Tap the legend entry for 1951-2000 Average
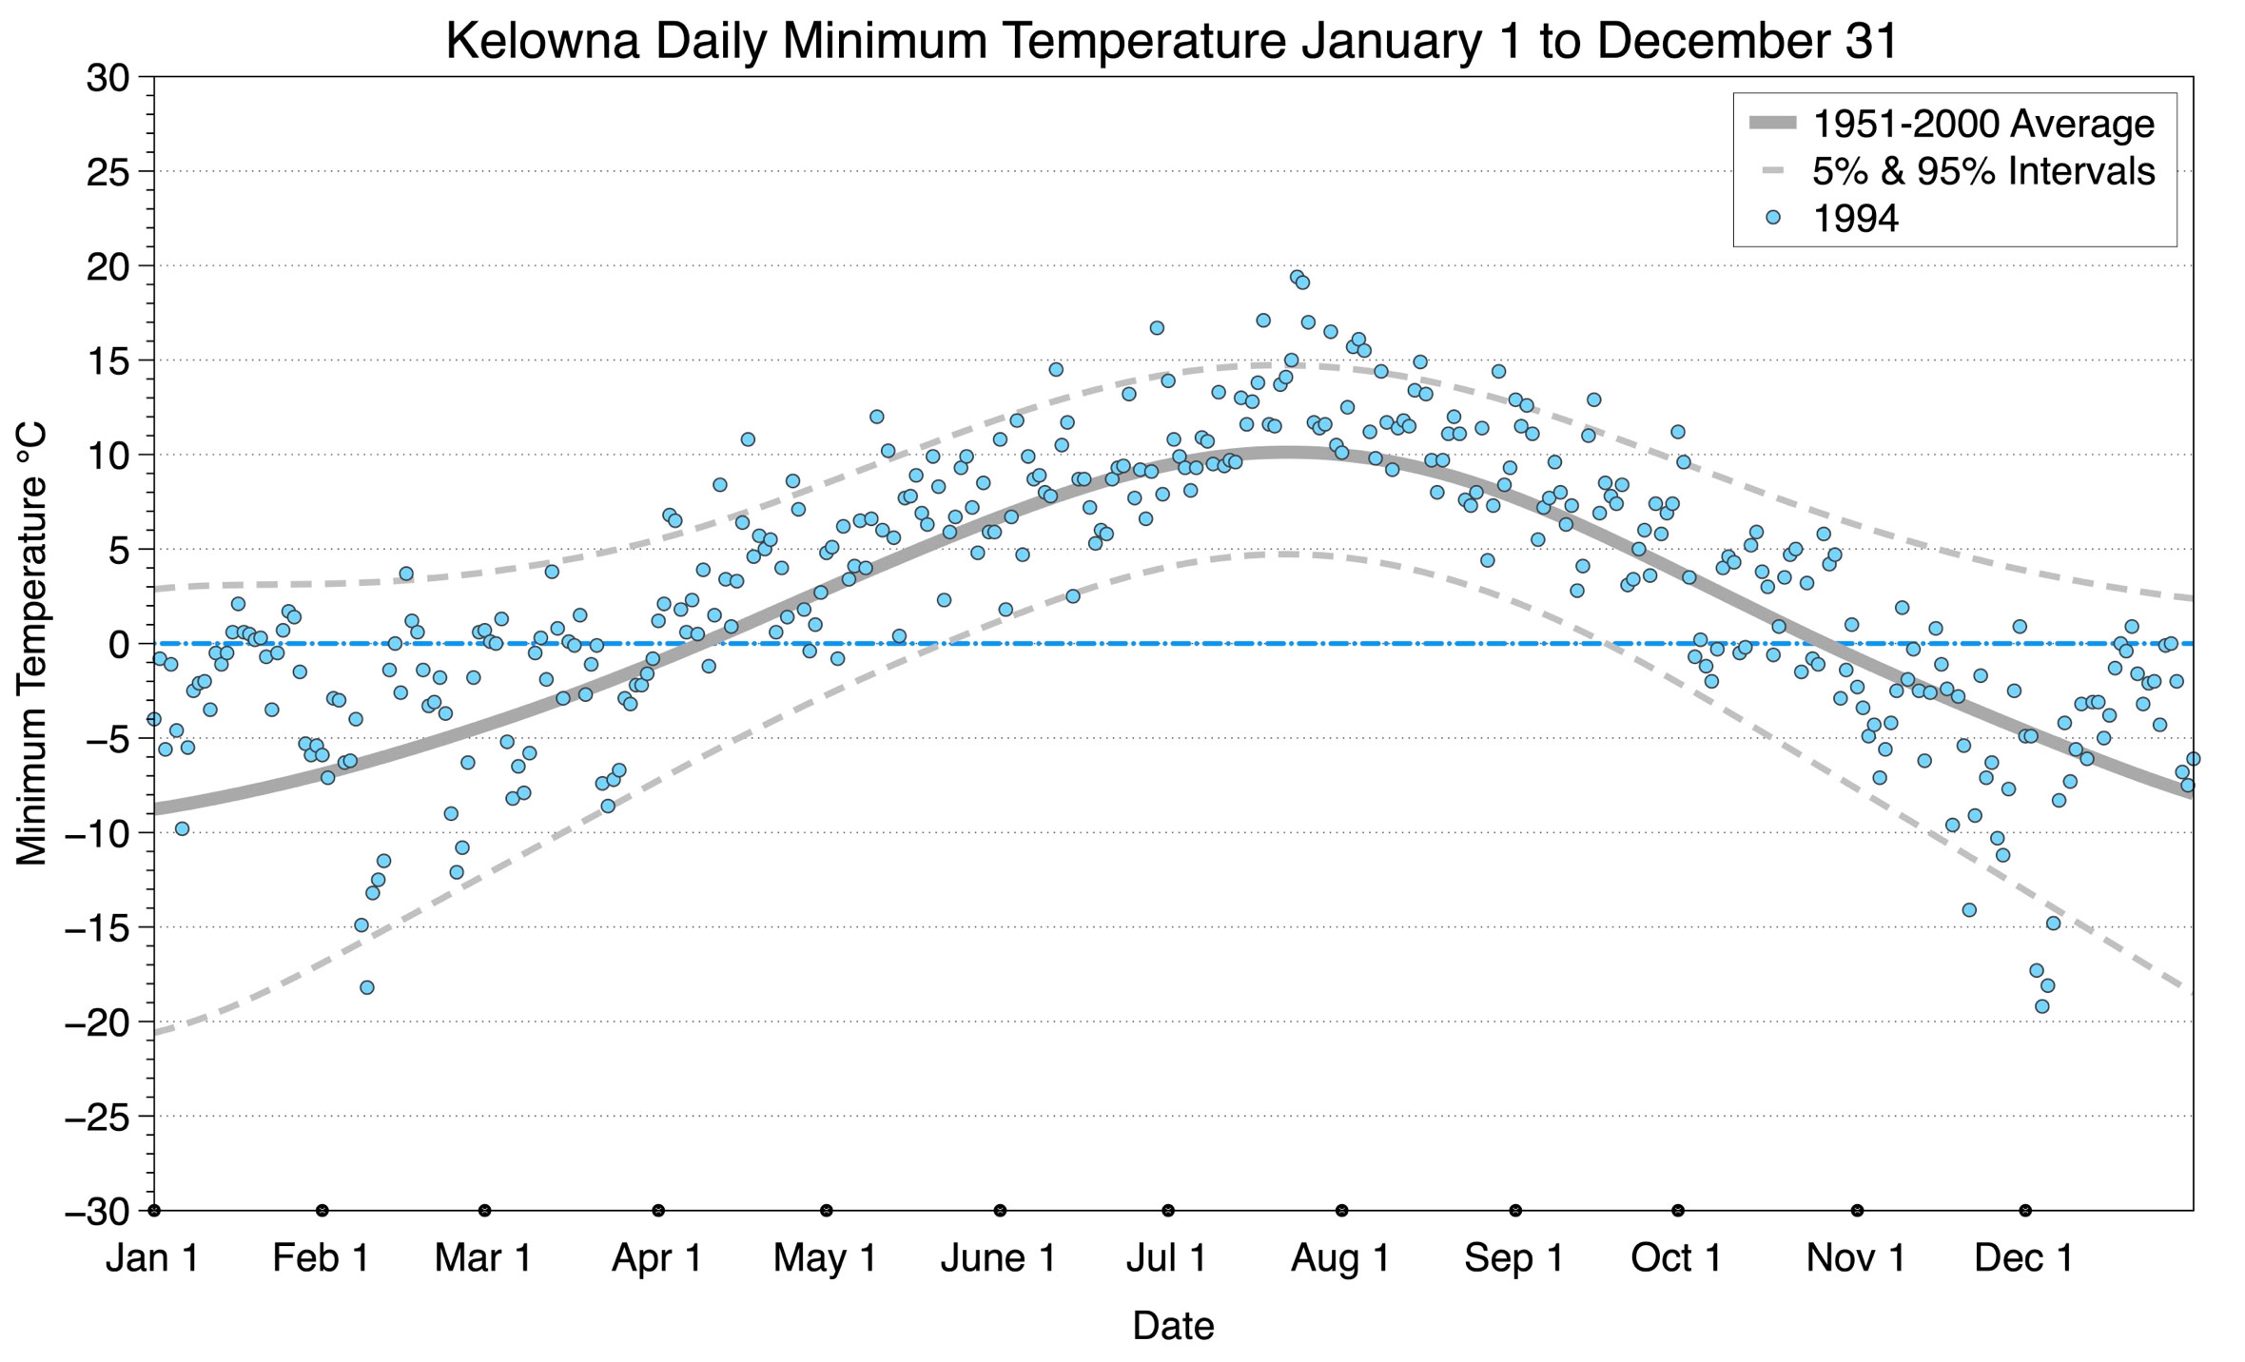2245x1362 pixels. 1983,124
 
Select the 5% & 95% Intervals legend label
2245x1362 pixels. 1983,171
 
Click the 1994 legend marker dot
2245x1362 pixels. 1772,218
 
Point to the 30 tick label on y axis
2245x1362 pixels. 107,78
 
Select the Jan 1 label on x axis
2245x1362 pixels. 153,1258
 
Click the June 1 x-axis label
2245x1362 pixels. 999,1258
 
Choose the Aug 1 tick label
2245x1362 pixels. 1340,1258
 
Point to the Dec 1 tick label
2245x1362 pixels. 2024,1258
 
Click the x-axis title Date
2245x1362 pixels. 1173,1326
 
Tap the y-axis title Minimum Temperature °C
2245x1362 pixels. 32,644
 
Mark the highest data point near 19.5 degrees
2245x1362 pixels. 1297,278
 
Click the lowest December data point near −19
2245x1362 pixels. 2041,1006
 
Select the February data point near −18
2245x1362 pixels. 367,987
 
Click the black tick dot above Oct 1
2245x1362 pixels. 1678,1211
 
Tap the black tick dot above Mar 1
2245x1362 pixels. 485,1211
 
